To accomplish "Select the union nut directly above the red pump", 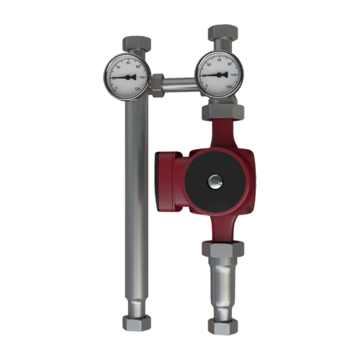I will pyautogui.click(x=223, y=112).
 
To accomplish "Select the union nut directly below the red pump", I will pyautogui.click(x=224, y=249).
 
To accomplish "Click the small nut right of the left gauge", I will pyautogui.click(x=157, y=86).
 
